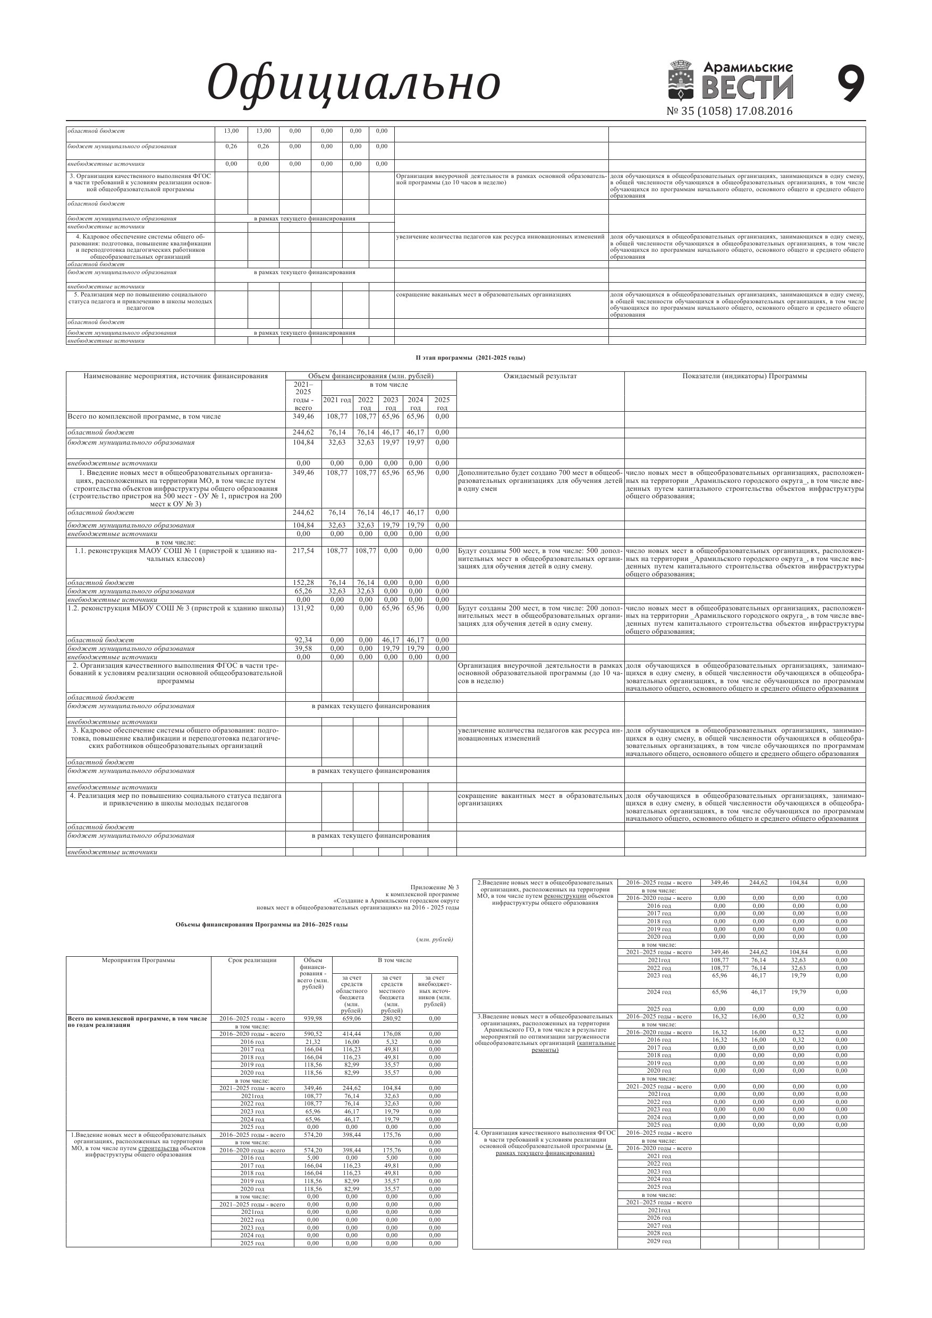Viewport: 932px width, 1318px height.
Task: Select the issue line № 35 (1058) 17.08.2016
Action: tap(730, 112)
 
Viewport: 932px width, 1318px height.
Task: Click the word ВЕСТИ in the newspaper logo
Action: tap(748, 87)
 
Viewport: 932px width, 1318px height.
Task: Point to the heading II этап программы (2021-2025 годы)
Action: tap(470, 358)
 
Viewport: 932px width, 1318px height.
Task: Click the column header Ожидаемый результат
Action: tap(540, 376)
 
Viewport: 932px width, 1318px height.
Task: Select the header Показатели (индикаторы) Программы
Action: tap(744, 376)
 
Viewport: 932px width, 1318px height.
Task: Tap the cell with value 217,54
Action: tap(303, 550)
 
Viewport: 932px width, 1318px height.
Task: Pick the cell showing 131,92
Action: tap(303, 608)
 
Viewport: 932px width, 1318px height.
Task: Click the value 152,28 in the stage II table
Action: tap(303, 582)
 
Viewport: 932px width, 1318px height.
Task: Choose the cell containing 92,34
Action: tap(303, 640)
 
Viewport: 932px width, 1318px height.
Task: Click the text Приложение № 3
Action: tap(435, 887)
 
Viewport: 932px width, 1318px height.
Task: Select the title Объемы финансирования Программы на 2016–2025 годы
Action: tap(261, 924)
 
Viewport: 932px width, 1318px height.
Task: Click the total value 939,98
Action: tap(313, 1018)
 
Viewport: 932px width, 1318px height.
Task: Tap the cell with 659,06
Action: tap(351, 1018)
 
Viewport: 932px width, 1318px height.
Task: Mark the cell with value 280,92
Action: tap(392, 1018)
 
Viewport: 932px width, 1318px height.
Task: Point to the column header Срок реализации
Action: tap(252, 960)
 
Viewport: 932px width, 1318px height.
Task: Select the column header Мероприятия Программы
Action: tap(138, 960)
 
